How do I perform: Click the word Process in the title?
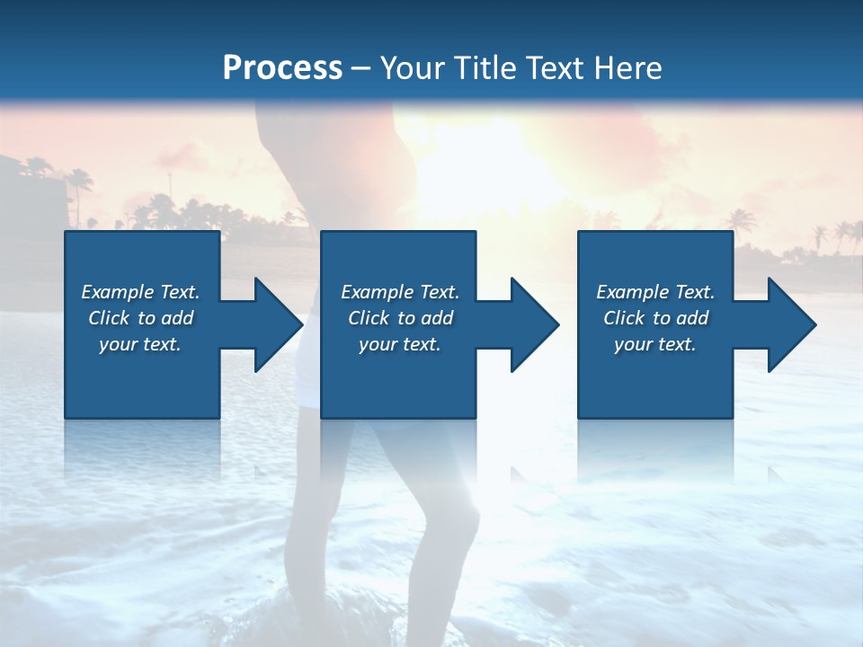tap(282, 68)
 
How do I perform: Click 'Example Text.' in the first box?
tap(140, 291)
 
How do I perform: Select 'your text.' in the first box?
tap(140, 344)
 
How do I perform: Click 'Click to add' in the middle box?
tap(400, 318)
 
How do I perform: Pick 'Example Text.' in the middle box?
tap(400, 291)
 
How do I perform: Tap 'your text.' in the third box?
tap(655, 344)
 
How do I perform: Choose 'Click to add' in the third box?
tap(655, 318)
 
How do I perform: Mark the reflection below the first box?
tap(142, 449)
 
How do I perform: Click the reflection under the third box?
tap(655, 449)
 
